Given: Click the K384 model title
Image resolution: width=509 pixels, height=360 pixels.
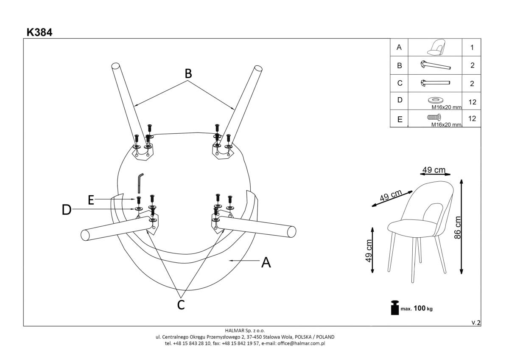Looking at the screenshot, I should [39, 32].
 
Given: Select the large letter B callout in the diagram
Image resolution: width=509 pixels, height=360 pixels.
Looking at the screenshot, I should [188, 74].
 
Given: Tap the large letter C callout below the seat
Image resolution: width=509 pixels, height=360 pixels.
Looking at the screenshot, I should [181, 304].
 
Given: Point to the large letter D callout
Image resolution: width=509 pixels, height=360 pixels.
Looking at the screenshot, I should [67, 210].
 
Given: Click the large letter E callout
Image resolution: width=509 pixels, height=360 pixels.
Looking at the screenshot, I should [91, 200].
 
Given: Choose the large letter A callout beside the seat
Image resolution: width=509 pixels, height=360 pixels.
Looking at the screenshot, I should [266, 263].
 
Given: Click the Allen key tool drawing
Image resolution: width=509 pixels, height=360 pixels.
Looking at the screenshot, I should [140, 183].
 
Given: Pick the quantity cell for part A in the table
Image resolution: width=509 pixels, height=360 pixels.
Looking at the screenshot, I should [472, 48].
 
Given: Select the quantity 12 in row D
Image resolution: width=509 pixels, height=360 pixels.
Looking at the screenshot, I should [472, 101].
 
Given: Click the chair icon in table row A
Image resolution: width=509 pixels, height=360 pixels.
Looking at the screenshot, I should [435, 48].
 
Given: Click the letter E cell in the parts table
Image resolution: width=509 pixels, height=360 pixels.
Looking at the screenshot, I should [399, 119].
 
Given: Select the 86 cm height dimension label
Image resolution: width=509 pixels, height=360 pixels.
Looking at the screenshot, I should [457, 228].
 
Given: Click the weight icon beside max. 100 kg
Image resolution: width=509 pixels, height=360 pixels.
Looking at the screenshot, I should [394, 308].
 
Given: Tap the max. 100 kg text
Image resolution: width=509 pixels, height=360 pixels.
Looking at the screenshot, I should [417, 309].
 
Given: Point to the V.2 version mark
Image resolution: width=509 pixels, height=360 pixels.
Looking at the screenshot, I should [476, 323].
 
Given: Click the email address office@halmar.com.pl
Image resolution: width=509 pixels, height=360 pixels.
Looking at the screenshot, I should [303, 343].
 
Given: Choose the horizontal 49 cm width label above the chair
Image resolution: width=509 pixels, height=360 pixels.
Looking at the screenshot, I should [434, 170].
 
